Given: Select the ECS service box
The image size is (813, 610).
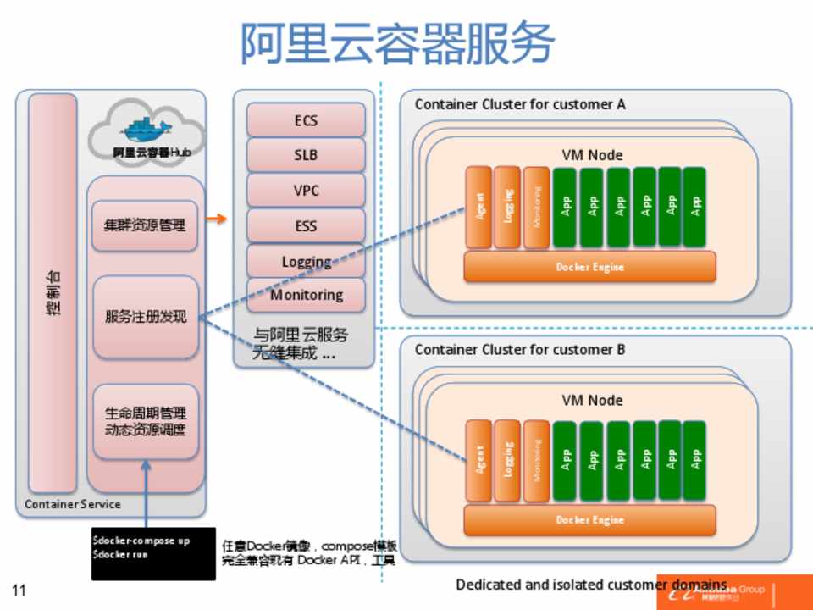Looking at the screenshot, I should pyautogui.click(x=306, y=120).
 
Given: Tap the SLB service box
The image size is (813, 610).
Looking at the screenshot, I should pyautogui.click(x=306, y=156).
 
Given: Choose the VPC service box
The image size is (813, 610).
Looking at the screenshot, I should pyautogui.click(x=306, y=191).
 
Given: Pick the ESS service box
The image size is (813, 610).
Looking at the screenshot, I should pyautogui.click(x=306, y=226).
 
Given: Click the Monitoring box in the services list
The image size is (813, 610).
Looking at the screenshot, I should pyautogui.click(x=306, y=295).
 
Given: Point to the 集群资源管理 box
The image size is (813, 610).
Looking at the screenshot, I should pyautogui.click(x=145, y=225).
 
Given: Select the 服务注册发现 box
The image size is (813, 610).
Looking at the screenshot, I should pyautogui.click(x=145, y=317).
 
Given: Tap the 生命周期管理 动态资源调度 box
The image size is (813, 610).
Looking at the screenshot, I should pyautogui.click(x=145, y=421).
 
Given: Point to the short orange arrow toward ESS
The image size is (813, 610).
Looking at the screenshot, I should pyautogui.click(x=218, y=220).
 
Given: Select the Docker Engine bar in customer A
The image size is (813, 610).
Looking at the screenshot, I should pyautogui.click(x=589, y=267).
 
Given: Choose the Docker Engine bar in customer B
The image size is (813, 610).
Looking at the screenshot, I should pyautogui.click(x=589, y=519).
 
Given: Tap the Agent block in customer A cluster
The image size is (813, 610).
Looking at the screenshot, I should pyautogui.click(x=478, y=208).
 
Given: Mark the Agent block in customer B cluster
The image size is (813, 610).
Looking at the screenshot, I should pyautogui.click(x=478, y=460).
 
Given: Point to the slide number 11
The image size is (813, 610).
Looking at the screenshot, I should pyautogui.click(x=19, y=591).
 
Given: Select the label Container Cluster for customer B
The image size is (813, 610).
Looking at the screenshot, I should pyautogui.click(x=520, y=349).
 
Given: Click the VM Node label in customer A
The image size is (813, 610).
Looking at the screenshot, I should pyautogui.click(x=592, y=155).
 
